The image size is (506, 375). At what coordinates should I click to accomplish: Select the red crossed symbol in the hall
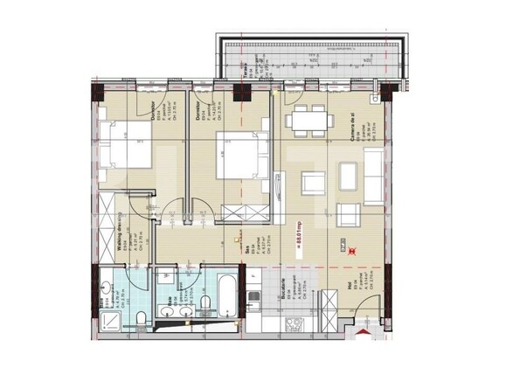(x=352, y=250)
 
